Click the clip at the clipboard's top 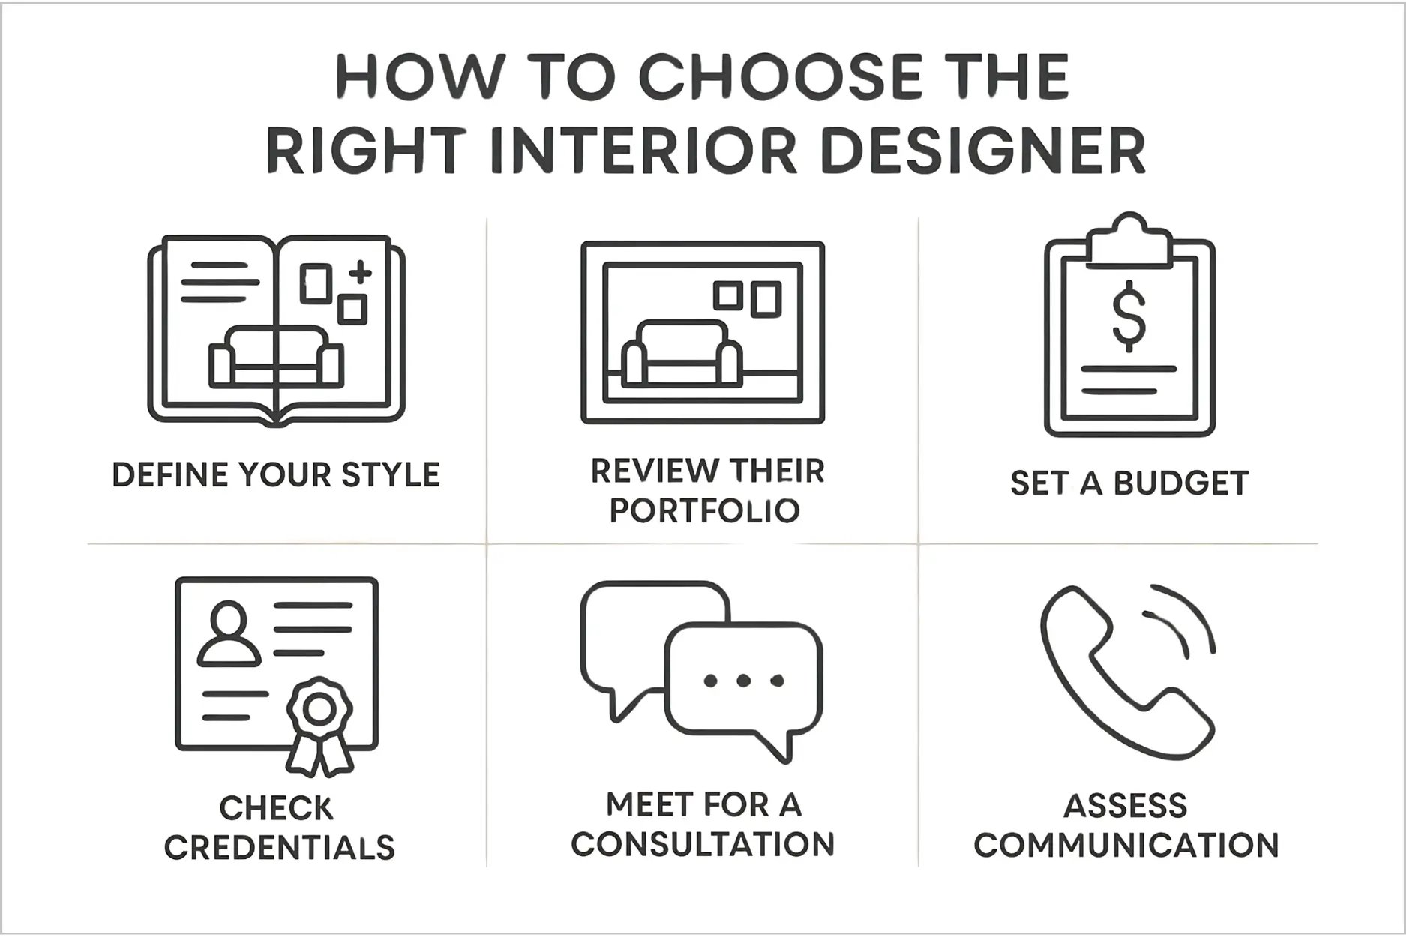tap(1129, 241)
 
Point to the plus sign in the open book tap(361, 271)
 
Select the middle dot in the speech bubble tap(743, 681)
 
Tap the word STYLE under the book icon tap(390, 475)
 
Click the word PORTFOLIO tap(704, 510)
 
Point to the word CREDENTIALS tap(280, 848)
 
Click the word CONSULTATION tap(703, 844)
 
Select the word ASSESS tap(1125, 807)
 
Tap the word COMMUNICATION tap(1126, 846)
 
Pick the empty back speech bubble tap(637, 630)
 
